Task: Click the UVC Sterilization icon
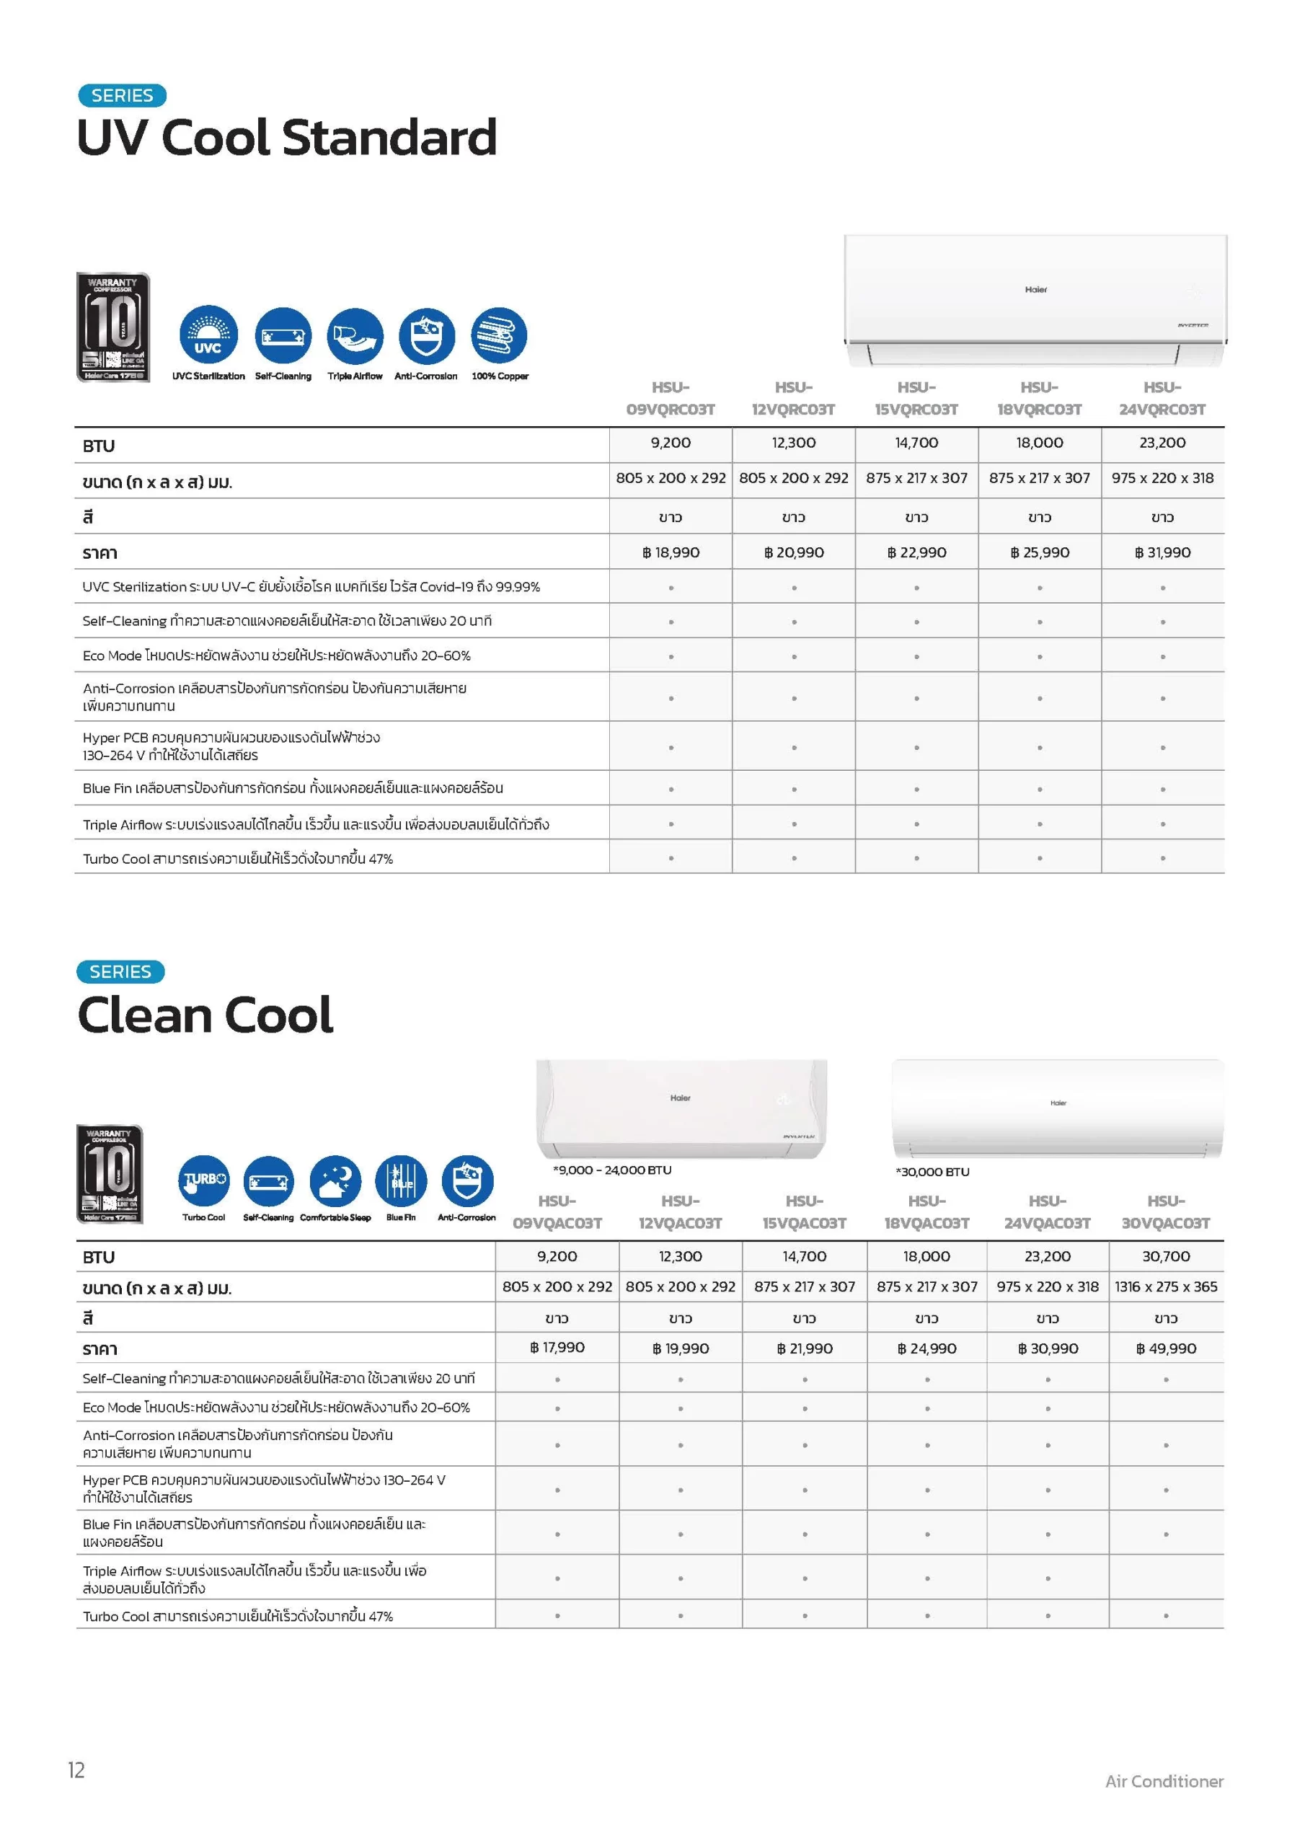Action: coord(208,335)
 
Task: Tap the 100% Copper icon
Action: coord(500,335)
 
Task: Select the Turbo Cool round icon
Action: coord(203,1181)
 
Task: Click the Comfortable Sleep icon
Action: coord(335,1181)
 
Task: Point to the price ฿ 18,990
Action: coord(671,552)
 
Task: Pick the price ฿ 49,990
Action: coord(1166,1348)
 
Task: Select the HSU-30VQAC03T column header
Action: coord(1166,1212)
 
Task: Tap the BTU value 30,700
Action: coord(1166,1257)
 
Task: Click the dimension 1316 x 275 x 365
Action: coord(1166,1287)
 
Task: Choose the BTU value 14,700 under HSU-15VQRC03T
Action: coord(916,443)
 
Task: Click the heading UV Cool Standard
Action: coord(286,138)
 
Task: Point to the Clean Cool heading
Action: coord(205,1015)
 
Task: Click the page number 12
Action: coord(76,1770)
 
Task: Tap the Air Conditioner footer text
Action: coord(1164,1782)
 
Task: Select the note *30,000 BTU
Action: coord(933,1172)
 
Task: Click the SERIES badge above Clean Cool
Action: coord(120,972)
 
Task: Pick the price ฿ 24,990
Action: coord(927,1348)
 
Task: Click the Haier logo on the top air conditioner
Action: coord(1035,289)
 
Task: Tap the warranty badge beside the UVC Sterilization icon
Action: coord(112,327)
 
